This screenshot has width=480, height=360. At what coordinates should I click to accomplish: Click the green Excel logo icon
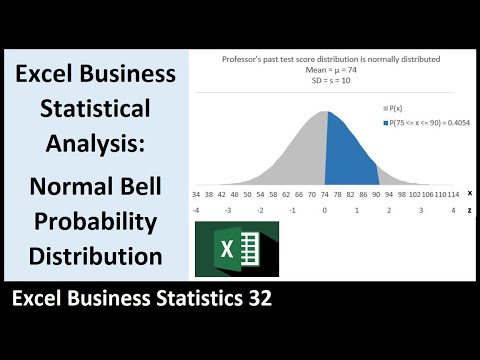pos(237,249)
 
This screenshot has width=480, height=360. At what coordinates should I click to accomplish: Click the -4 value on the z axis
pos(196,211)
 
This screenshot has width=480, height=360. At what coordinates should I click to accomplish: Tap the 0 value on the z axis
pos(325,211)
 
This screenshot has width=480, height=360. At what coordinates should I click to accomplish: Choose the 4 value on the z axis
pos(453,211)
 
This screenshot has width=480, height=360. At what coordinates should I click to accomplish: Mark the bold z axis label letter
pos(470,211)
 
